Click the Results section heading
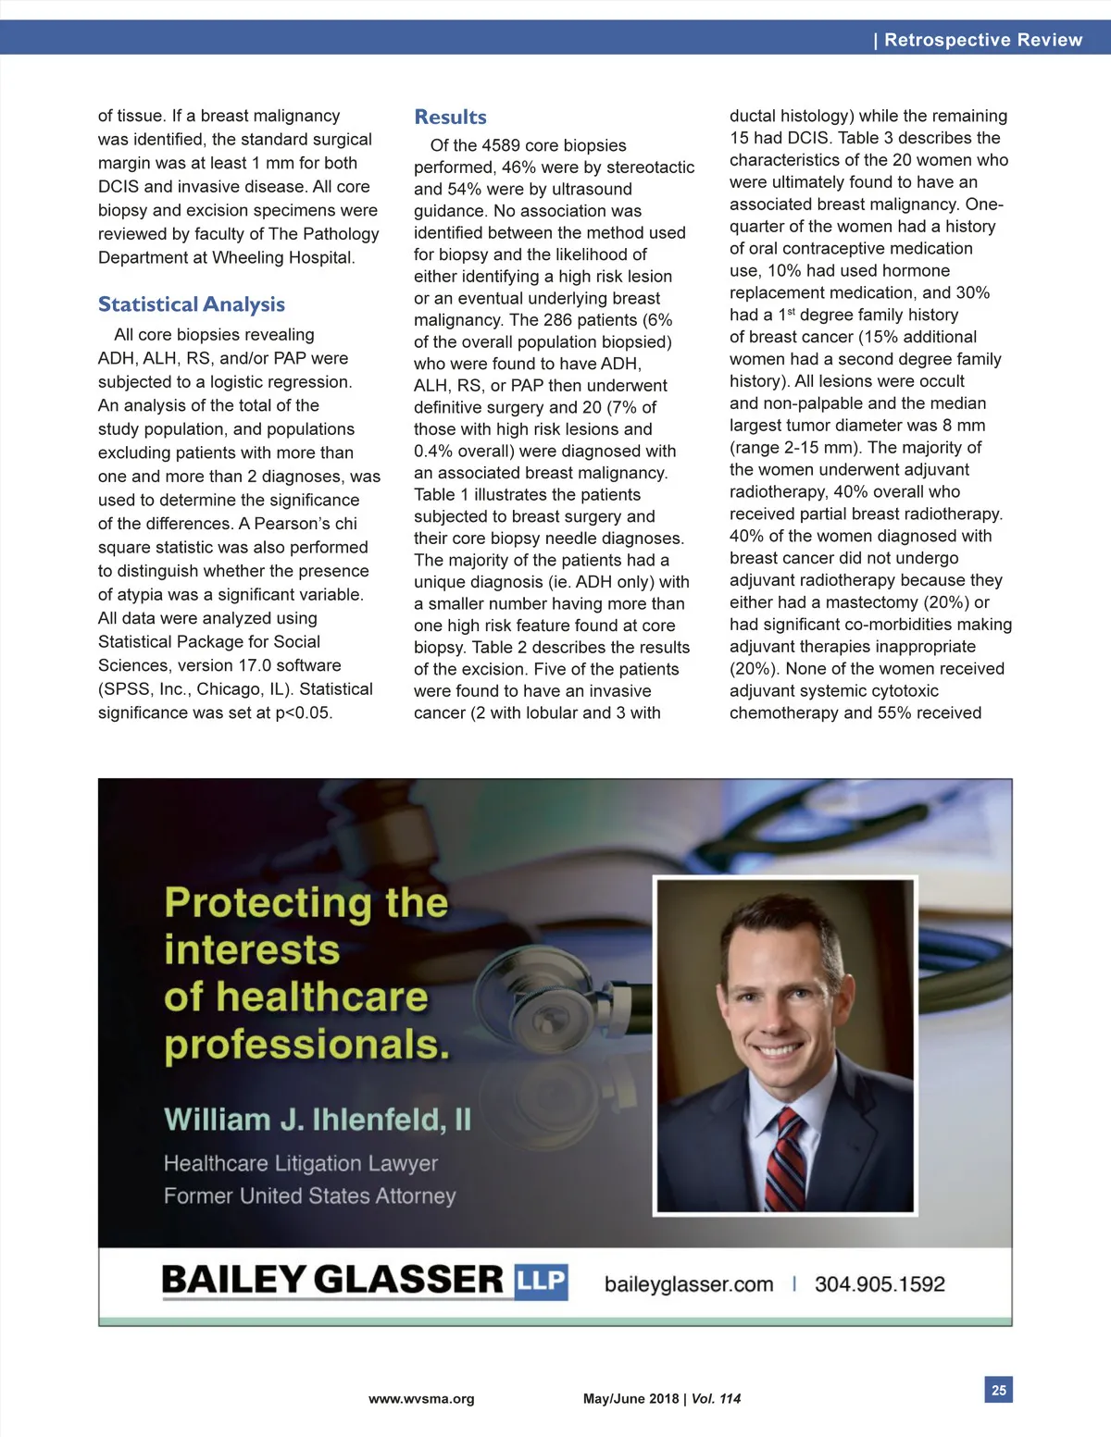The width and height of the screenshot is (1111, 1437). coord(450,118)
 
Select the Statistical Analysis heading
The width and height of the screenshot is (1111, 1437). coord(192,304)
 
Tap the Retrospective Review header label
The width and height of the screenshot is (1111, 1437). coord(982,40)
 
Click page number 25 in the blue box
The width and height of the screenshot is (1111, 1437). coord(998,1390)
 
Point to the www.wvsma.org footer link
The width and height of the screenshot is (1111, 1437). coord(421,1399)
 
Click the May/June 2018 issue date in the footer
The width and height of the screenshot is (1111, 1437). coord(630,1399)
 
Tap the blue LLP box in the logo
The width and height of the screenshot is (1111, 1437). coord(541,1281)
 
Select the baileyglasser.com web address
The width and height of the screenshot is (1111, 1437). coord(688,1284)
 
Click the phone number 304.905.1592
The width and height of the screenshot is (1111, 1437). coord(880,1284)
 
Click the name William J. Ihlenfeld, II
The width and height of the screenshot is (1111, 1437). coord(317,1120)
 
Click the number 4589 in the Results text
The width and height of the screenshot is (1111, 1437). coord(500,145)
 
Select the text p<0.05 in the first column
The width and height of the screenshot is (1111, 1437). coord(303,712)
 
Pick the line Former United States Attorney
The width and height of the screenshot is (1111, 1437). coord(309,1195)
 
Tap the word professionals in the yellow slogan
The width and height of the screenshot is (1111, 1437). coord(306,1045)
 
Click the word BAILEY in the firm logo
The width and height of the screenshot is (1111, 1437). coord(232,1280)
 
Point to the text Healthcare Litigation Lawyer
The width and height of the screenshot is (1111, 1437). coord(300,1163)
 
